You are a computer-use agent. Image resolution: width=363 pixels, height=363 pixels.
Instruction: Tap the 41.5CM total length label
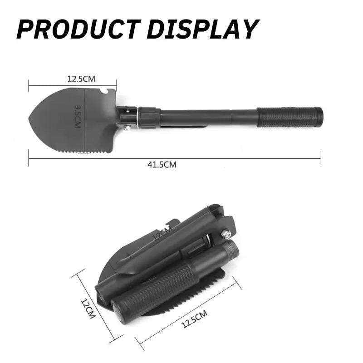pyautogui.click(x=162, y=165)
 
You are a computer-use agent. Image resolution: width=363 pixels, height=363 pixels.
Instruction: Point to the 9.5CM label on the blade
pyautogui.click(x=78, y=116)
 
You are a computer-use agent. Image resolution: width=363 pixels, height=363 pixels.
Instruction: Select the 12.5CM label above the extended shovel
pyautogui.click(x=81, y=78)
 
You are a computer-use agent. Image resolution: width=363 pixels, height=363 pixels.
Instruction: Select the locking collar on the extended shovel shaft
pyautogui.click(x=149, y=118)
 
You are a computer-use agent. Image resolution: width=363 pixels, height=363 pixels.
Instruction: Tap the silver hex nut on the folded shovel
pyautogui.click(x=225, y=234)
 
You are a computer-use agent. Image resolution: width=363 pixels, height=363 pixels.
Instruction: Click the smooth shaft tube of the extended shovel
pyautogui.click(x=209, y=117)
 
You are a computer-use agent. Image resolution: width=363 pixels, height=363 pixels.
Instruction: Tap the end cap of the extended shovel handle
pyautogui.click(x=319, y=117)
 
